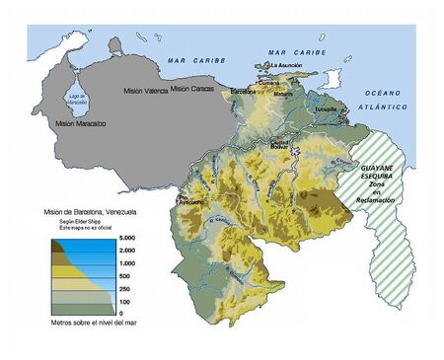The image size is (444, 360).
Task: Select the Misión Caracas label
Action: pos(192,89)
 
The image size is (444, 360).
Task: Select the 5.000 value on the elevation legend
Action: pos(127,239)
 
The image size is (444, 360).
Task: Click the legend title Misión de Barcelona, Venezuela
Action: pos(90,213)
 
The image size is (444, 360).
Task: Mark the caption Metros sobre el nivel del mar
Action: pos(89,324)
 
